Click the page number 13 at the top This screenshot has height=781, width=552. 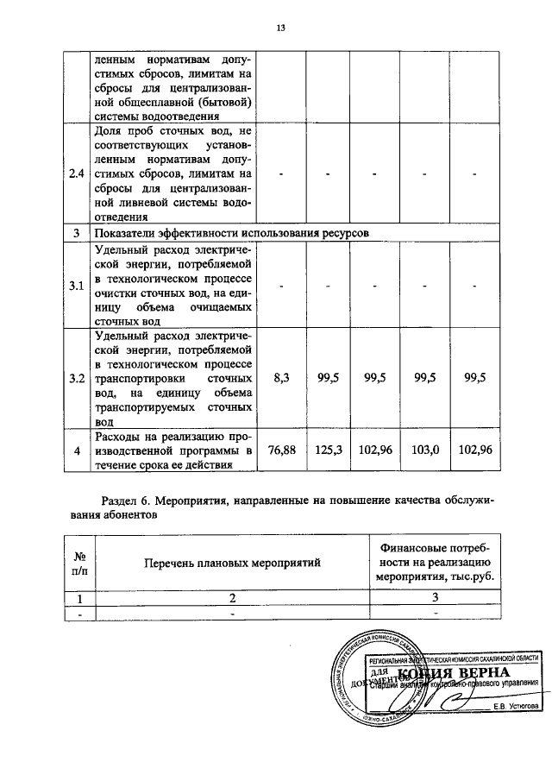pos(280,28)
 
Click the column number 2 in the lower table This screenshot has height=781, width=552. pos(230,597)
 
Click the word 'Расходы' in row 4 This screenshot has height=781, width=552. pos(115,436)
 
